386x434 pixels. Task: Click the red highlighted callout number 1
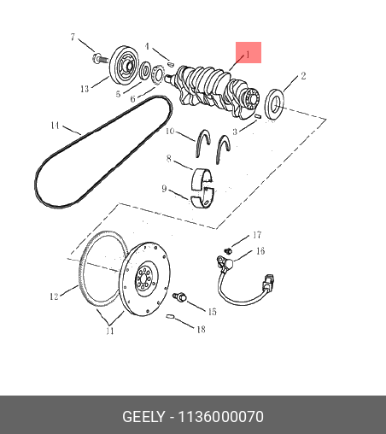pos(248,54)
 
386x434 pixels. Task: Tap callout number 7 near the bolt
pos(73,37)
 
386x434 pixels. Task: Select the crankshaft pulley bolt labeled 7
pos(100,58)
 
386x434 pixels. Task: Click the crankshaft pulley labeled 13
pos(125,65)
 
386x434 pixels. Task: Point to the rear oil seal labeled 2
pos(274,104)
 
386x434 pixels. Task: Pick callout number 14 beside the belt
pos(55,126)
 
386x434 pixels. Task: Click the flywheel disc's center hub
pos(146,279)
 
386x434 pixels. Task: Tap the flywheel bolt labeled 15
pos(179,296)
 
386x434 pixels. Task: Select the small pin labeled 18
pos(170,316)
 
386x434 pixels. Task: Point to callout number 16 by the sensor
pos(260,251)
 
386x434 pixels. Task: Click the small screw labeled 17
pos(228,251)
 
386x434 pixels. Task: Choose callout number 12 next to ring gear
pos(54,296)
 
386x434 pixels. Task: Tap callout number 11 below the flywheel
pos(110,331)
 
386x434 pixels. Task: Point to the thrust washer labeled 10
pos(202,144)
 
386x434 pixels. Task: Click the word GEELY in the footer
pos(143,417)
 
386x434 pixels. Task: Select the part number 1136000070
pos(220,417)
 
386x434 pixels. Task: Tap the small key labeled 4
pos(170,64)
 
